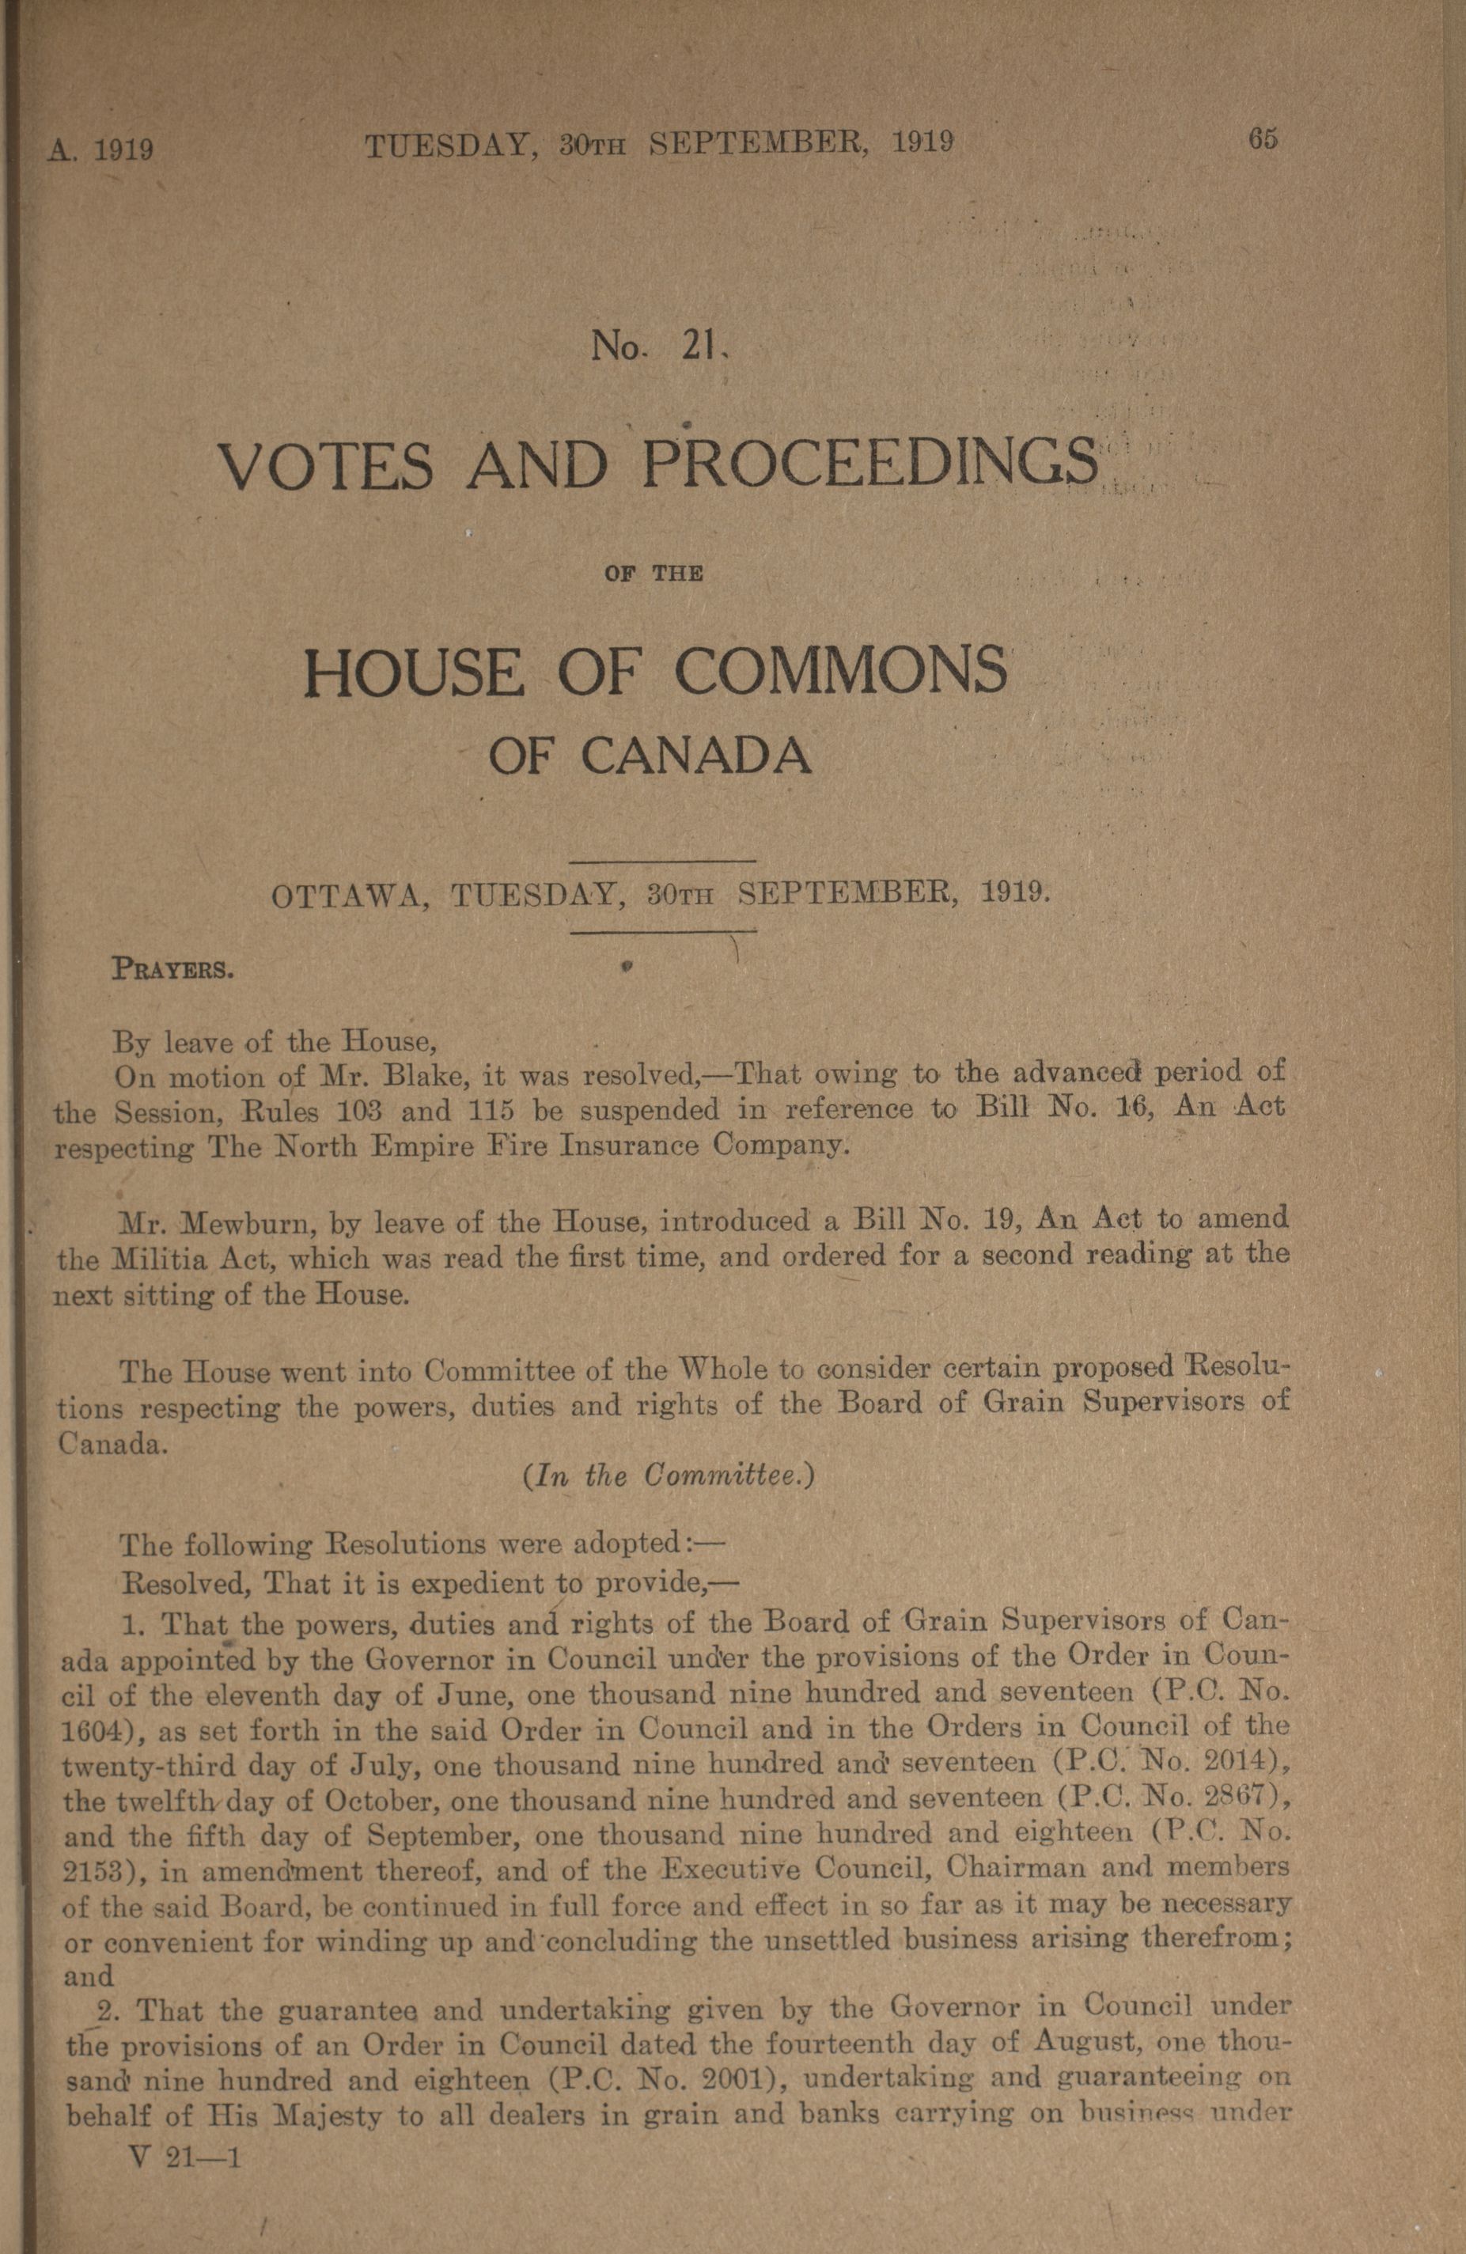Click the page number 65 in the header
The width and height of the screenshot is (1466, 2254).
[x=1263, y=139]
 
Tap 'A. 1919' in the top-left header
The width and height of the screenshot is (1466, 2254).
[x=100, y=150]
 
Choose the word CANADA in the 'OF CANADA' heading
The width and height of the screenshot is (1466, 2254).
[x=696, y=756]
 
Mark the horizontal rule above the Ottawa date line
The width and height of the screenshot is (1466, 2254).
[x=664, y=861]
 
